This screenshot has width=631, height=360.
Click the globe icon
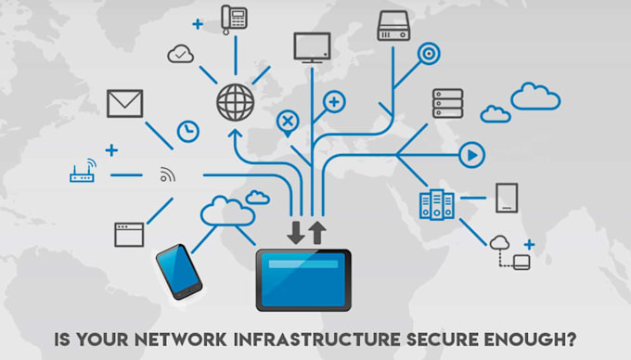[235, 102]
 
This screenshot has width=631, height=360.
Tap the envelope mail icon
[124, 103]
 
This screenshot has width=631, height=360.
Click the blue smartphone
[178, 270]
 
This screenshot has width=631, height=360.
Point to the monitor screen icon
[312, 46]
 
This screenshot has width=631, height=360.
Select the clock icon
[188, 131]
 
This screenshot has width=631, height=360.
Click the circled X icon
[289, 121]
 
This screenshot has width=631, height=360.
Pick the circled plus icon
[334, 101]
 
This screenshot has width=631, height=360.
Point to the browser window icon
[129, 234]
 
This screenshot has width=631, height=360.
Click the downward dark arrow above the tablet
[296, 232]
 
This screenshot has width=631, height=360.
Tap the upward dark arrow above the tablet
[317, 232]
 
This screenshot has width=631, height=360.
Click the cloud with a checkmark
[180, 55]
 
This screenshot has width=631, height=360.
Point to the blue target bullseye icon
[429, 52]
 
